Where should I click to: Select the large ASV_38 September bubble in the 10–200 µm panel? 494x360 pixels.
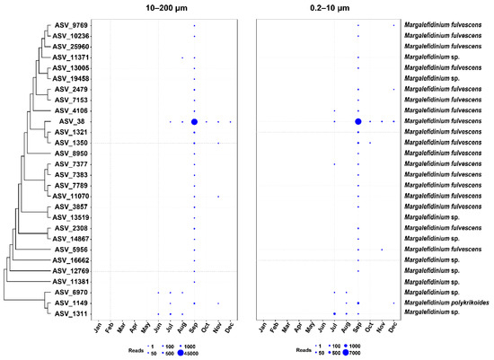(x=194, y=121)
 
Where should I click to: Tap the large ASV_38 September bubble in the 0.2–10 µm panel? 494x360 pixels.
(x=358, y=121)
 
